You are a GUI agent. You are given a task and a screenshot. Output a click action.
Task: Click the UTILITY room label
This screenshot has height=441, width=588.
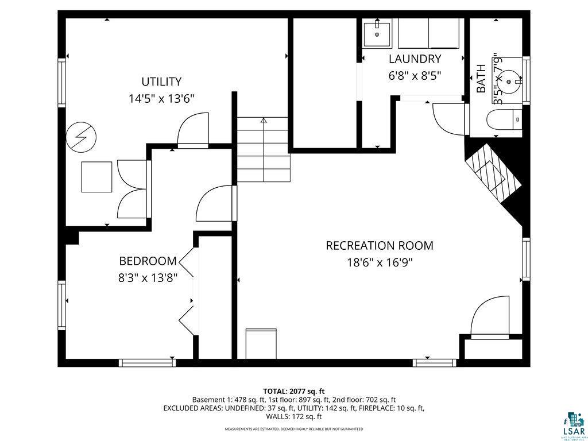pos(161,82)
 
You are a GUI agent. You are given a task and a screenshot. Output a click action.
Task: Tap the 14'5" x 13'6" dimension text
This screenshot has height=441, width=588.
pos(161,99)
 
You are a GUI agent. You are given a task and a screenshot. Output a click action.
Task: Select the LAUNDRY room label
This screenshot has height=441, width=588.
pos(415,59)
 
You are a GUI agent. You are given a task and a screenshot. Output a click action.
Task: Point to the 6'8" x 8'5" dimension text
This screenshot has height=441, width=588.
pos(415,76)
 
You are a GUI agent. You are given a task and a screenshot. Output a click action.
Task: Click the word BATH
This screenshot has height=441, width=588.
pos(481,79)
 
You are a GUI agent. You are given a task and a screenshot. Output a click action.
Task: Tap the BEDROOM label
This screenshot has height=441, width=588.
pos(148,261)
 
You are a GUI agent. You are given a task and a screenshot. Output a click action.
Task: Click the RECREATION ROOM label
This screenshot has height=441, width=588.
pos(380,246)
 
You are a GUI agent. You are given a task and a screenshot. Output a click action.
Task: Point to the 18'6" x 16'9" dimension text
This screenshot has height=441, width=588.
pos(380,263)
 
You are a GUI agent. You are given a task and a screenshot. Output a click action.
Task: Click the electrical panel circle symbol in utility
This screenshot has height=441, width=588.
pos(81,138)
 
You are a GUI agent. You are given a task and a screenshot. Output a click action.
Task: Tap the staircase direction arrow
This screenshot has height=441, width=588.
pos(264,121)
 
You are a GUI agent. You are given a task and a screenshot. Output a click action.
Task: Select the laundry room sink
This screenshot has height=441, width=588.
pos(377,34)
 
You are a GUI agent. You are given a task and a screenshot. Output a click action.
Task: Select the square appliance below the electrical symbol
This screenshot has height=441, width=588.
pos(96,177)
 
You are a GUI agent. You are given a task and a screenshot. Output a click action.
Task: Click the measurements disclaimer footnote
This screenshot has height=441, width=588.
pos(293,429)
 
